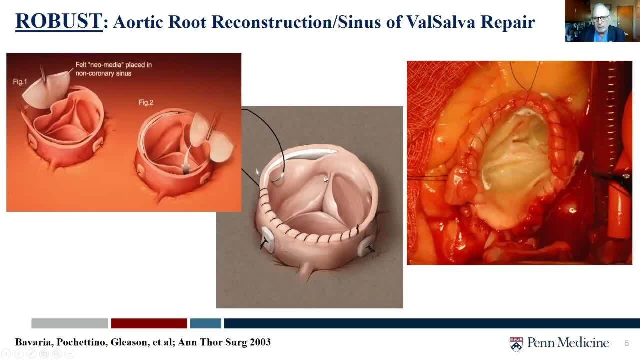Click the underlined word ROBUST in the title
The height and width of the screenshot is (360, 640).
pos(59,21)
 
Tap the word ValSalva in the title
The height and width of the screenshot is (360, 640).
pos(440,22)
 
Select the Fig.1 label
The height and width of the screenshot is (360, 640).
pos(20,82)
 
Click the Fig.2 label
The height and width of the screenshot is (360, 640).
pos(146,102)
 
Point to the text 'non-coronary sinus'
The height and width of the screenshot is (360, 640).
pos(103,73)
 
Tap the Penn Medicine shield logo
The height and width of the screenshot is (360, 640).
pos(516,344)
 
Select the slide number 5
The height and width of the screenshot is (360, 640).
pos(626,343)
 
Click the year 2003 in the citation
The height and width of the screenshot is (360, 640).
pos(260,342)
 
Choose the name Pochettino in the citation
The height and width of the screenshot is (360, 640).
pos(82,342)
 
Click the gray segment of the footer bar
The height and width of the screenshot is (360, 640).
pos(70,323)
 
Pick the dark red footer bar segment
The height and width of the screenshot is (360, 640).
pos(149,323)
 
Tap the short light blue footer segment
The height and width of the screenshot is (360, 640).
pos(205,323)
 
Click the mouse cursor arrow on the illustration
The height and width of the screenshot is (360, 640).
pos(325,179)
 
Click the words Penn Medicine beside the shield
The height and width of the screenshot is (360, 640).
pos(568,343)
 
